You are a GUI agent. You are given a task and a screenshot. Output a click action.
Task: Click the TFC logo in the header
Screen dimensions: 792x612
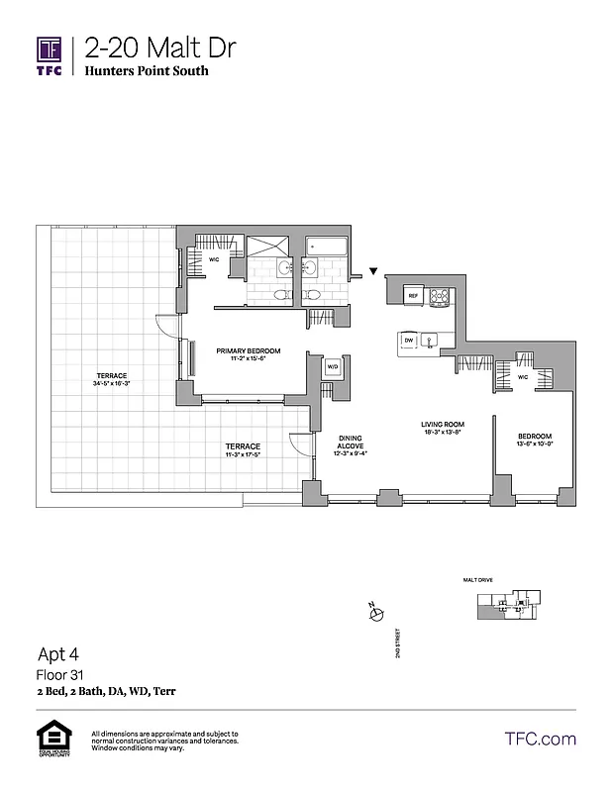50,54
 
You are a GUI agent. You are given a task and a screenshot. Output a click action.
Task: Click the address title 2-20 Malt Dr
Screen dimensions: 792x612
159,47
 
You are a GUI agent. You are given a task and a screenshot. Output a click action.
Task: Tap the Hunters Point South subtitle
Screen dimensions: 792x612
146,71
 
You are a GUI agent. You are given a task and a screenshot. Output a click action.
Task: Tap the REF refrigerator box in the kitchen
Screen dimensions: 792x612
414,295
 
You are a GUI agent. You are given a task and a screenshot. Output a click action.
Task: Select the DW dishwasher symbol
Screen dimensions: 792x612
408,340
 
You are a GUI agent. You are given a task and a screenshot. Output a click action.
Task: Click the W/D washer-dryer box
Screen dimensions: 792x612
332,367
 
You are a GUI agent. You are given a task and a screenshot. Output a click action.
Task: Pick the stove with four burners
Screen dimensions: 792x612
438,295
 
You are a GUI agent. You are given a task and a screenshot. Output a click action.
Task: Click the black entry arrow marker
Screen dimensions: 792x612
373,270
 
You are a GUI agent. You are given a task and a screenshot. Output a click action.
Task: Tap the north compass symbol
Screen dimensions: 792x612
375,615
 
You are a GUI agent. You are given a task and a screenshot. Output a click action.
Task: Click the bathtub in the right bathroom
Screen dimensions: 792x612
326,246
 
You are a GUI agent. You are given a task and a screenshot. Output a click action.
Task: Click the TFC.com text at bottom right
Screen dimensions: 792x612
540,739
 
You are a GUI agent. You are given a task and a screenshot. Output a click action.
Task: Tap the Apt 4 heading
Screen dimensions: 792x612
59,653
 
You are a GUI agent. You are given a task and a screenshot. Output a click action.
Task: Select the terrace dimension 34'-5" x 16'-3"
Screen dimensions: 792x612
113,382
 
